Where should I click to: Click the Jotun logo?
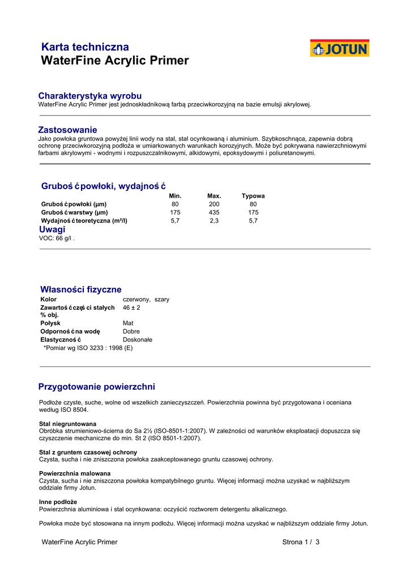[339, 48]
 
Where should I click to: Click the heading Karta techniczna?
[85, 47]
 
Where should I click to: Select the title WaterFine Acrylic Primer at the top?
[115, 61]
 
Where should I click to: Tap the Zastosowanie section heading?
[67, 130]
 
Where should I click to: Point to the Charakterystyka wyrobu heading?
[89, 96]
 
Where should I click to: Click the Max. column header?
[214, 196]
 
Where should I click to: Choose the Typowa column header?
[253, 196]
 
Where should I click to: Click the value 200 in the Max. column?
[214, 204]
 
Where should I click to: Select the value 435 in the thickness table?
[214, 212]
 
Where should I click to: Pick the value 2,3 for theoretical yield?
[214, 221]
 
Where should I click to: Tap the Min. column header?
[175, 196]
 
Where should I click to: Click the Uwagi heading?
[52, 229]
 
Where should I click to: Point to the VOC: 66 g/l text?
[56, 238]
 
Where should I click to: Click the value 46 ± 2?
[131, 308]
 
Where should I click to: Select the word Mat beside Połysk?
[128, 323]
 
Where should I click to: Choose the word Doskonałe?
[138, 340]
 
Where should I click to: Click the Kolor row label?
[49, 299]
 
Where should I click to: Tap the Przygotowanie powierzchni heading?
[96, 387]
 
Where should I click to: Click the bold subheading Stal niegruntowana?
[67, 424]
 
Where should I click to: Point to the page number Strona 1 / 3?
[301, 542]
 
